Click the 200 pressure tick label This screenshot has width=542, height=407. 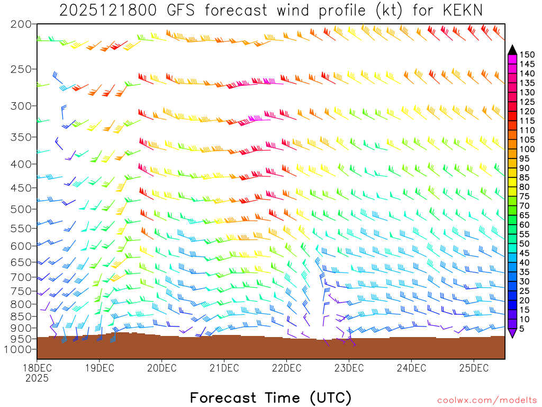click(21, 24)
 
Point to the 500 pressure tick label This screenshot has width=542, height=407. click(21, 209)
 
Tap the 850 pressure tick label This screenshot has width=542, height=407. click(21, 316)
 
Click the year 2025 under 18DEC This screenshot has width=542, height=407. click(37, 378)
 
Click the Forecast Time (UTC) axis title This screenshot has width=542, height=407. click(270, 397)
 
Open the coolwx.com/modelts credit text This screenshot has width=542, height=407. click(486, 400)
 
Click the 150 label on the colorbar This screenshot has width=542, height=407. click(527, 54)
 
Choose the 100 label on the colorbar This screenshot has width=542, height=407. click(527, 149)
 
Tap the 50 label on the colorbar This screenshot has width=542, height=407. click(525, 243)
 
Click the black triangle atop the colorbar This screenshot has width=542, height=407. click(512, 50)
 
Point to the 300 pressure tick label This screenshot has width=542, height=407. click(21, 106)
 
